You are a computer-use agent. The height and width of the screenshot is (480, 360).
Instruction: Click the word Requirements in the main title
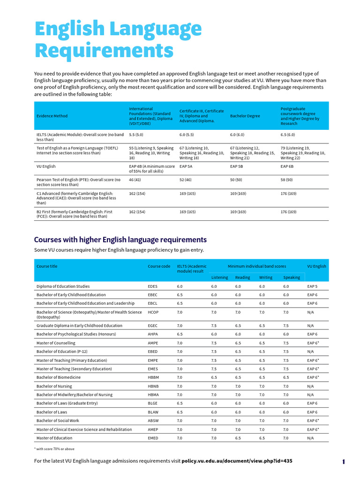tap(104, 51)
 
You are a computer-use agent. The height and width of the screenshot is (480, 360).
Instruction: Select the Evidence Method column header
tap(52, 116)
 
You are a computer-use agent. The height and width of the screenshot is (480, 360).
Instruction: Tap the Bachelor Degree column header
tap(245, 116)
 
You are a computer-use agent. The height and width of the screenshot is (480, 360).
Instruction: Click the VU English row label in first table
tap(46, 166)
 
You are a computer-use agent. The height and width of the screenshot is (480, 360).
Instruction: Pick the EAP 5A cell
tap(186, 166)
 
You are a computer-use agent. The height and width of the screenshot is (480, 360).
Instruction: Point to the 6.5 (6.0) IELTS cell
tap(288, 135)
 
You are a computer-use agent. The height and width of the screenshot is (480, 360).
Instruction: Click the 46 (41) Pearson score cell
tap(135, 180)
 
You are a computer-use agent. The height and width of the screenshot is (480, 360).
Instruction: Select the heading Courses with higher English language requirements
tap(120, 240)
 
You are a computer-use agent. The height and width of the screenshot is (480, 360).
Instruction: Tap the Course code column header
tap(159, 266)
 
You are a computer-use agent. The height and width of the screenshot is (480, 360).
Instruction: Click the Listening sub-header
tap(219, 277)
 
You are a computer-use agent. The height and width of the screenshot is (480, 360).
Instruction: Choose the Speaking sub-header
tap(292, 277)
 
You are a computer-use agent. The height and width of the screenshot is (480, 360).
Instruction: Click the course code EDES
tap(153, 286)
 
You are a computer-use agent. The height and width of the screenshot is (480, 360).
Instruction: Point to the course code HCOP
tap(153, 312)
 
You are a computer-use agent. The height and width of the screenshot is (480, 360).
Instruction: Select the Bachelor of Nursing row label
tap(54, 386)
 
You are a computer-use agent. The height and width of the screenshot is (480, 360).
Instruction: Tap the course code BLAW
tap(153, 412)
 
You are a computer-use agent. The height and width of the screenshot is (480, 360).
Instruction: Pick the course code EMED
tap(154, 438)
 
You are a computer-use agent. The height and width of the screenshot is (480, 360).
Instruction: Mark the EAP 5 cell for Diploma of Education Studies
tap(312, 286)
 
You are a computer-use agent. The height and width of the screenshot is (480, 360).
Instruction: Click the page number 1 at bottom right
tap(344, 462)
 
